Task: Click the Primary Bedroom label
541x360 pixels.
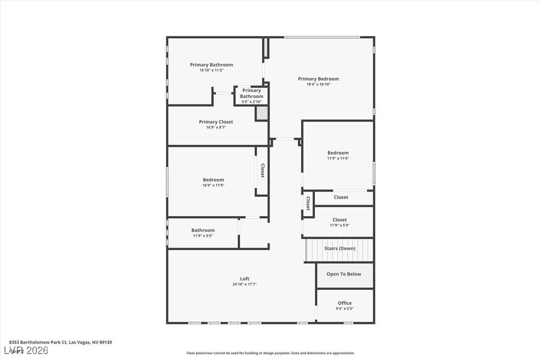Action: [318, 79]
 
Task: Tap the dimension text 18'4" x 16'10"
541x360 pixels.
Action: [318, 85]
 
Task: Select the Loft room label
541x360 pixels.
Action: [244, 279]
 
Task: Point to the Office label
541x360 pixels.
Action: [345, 303]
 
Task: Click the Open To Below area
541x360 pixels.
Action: [344, 274]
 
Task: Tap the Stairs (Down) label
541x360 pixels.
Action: [340, 248]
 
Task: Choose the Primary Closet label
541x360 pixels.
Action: [216, 122]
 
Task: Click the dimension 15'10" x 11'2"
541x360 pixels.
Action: [211, 70]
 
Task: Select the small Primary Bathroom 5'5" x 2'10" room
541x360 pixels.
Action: [252, 96]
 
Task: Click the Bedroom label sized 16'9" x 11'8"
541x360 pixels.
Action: [213, 180]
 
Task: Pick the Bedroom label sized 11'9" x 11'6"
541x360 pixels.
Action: [338, 153]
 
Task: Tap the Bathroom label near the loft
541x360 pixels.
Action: [203, 230]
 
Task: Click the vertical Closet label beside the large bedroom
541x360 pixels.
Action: [263, 171]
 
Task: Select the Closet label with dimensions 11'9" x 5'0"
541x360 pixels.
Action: [340, 220]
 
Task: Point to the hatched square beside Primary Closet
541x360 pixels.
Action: [262, 113]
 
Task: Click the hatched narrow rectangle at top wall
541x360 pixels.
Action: [266, 47]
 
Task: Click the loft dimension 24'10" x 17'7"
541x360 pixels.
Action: [244, 284]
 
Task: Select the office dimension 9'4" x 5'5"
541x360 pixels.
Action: [345, 308]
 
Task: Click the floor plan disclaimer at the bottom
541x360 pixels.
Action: [270, 353]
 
